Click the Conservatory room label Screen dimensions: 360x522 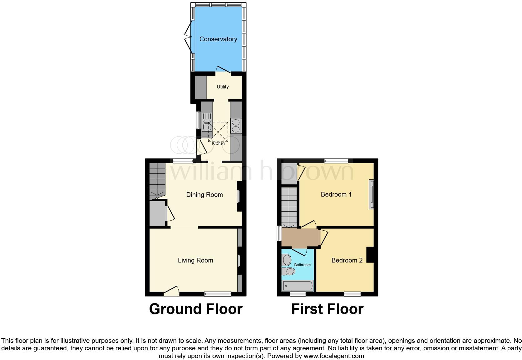(218, 39)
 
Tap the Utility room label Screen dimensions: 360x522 (223, 87)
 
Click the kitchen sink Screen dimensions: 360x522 (206, 122)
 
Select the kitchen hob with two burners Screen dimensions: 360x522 (236, 126)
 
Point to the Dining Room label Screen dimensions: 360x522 (204, 195)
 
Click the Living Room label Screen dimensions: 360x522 (195, 260)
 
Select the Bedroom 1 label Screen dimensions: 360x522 (336, 194)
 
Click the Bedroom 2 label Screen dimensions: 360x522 (347, 260)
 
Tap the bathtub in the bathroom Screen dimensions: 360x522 (298, 286)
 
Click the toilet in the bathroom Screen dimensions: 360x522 (289, 271)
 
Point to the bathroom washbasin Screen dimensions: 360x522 (286, 259)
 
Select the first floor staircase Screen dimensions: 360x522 (289, 206)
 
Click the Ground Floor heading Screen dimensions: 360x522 (196, 309)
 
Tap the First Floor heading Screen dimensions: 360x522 (327, 309)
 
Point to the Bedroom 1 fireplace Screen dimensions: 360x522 (371, 194)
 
